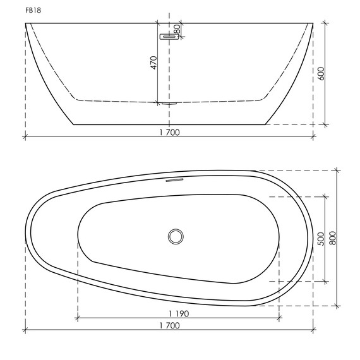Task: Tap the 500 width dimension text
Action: click(320, 239)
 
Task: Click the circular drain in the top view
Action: click(176, 237)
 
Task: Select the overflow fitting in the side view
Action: click(169, 37)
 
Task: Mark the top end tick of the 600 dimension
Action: click(325, 23)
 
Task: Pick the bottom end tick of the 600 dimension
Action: click(325, 124)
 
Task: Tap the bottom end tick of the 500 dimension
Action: click(325, 281)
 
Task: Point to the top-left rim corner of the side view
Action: click(26, 23)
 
